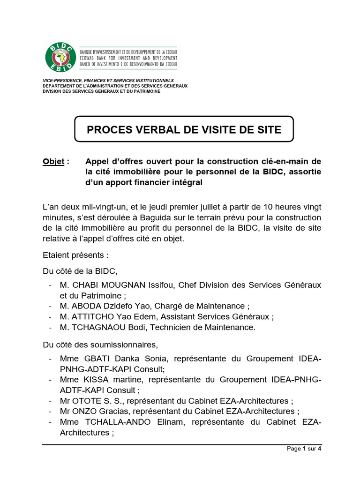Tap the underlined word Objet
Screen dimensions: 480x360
point(53,161)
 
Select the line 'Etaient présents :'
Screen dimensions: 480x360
point(76,256)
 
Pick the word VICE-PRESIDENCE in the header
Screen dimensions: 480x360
point(59,81)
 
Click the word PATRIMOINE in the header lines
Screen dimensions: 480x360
point(145,91)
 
